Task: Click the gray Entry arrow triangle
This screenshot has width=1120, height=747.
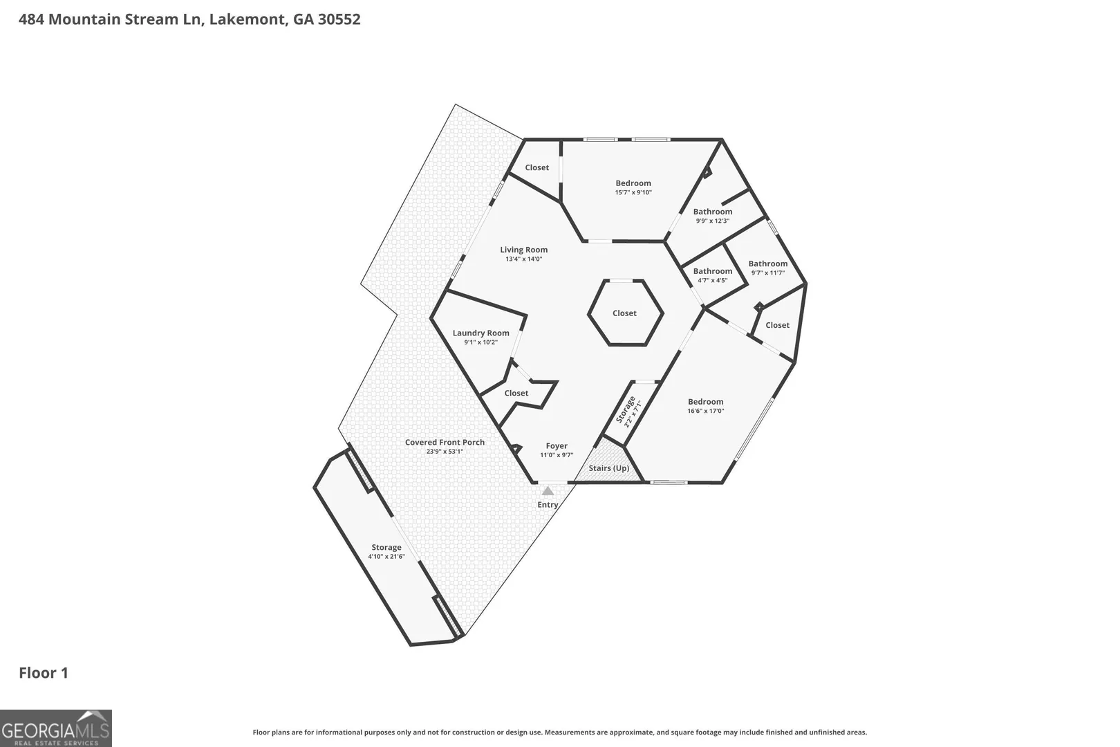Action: point(548,491)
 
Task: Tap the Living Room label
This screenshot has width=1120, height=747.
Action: point(523,250)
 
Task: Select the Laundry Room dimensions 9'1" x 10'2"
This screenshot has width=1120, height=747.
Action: point(480,342)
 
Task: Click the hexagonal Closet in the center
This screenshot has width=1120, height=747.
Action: point(625,313)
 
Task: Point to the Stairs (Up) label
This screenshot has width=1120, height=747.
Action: point(608,468)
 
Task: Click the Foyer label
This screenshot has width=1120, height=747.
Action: point(557,446)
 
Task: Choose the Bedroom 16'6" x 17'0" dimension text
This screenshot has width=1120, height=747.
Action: point(705,411)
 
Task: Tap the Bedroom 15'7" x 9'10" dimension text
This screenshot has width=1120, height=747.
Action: point(633,192)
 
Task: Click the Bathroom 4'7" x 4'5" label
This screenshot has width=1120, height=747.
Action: point(713,271)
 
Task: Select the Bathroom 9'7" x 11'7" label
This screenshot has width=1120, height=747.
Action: point(768,264)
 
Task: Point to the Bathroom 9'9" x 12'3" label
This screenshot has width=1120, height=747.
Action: point(713,212)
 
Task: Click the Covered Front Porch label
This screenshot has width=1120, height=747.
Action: point(445,442)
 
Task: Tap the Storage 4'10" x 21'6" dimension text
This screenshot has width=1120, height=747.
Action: point(386,556)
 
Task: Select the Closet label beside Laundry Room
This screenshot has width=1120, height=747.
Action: point(516,394)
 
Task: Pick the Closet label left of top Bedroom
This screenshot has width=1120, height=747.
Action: point(537,167)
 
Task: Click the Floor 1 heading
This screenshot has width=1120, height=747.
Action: point(44,673)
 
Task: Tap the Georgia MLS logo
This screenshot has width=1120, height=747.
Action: point(55,728)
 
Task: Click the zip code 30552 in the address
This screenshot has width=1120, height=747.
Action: point(339,19)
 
